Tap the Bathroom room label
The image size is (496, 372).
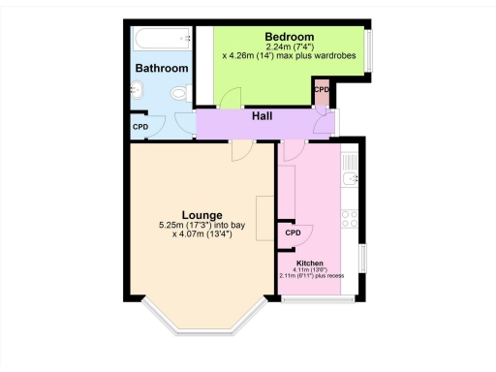pos(161,69)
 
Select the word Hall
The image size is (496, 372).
pos(262,116)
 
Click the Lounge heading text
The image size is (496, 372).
pos(202,215)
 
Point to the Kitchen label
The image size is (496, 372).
pos(310,263)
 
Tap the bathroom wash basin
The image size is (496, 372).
pos(139,92)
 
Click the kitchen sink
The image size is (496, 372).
pos(352,178)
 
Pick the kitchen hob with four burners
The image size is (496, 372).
pos(352,214)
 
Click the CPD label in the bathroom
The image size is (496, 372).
pos(139,127)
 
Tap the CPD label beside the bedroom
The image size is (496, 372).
pos(322,90)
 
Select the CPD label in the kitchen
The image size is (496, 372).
pos(293,232)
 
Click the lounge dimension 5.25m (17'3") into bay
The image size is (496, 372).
pos(202,226)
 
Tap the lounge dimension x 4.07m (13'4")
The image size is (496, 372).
pos(202,235)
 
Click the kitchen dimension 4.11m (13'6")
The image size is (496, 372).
pos(310,269)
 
